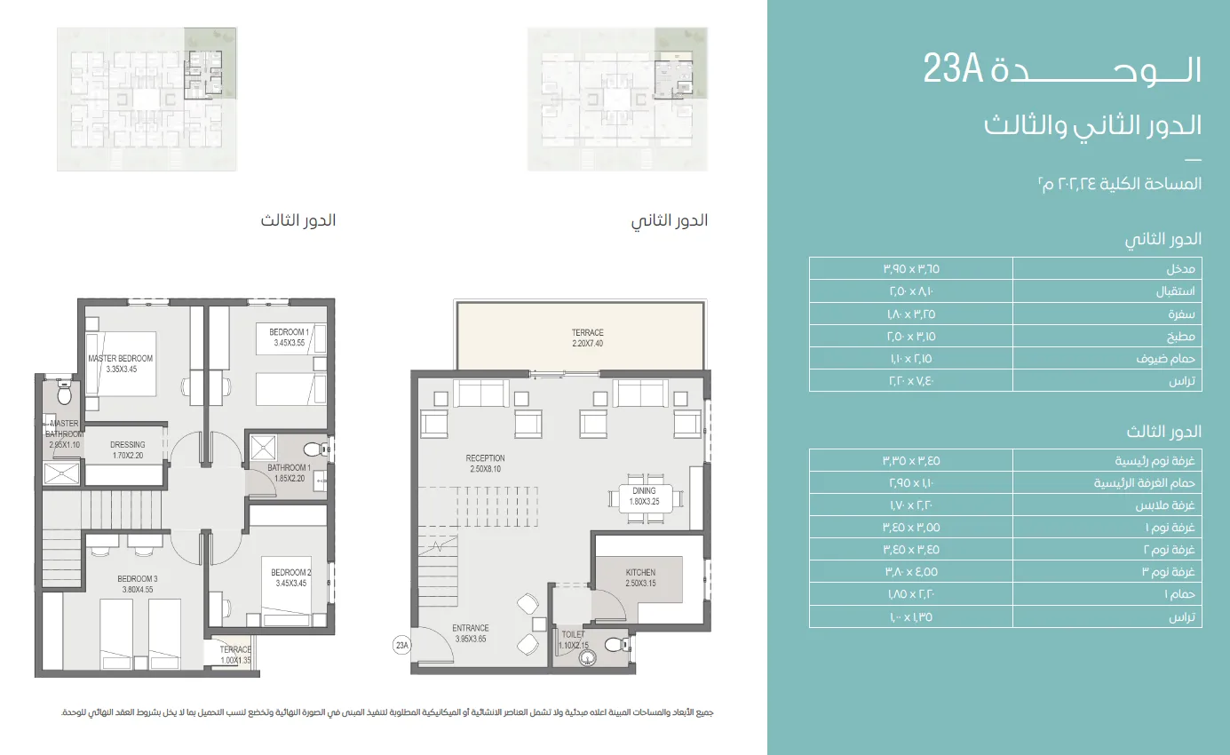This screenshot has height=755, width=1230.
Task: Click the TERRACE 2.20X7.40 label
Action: tap(587, 338)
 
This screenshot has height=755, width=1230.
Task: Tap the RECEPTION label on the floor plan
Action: tap(486, 464)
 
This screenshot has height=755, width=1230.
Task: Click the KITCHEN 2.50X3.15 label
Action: tap(639, 578)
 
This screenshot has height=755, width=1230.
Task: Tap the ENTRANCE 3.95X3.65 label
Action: tap(471, 633)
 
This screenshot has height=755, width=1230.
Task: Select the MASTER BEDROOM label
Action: tap(120, 363)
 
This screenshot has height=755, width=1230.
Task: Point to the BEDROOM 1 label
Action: tap(289, 337)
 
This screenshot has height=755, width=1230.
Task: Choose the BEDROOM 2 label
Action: tap(290, 577)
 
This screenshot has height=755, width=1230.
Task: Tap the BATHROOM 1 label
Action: tap(289, 473)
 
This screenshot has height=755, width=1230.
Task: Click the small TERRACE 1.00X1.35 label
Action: tap(236, 655)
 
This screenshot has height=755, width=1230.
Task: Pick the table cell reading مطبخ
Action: tap(1107, 337)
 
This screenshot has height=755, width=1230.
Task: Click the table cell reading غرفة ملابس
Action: tap(1107, 505)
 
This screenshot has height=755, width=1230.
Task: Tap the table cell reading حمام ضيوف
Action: tap(1107, 359)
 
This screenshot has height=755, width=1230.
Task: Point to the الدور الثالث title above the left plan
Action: tap(298, 220)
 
